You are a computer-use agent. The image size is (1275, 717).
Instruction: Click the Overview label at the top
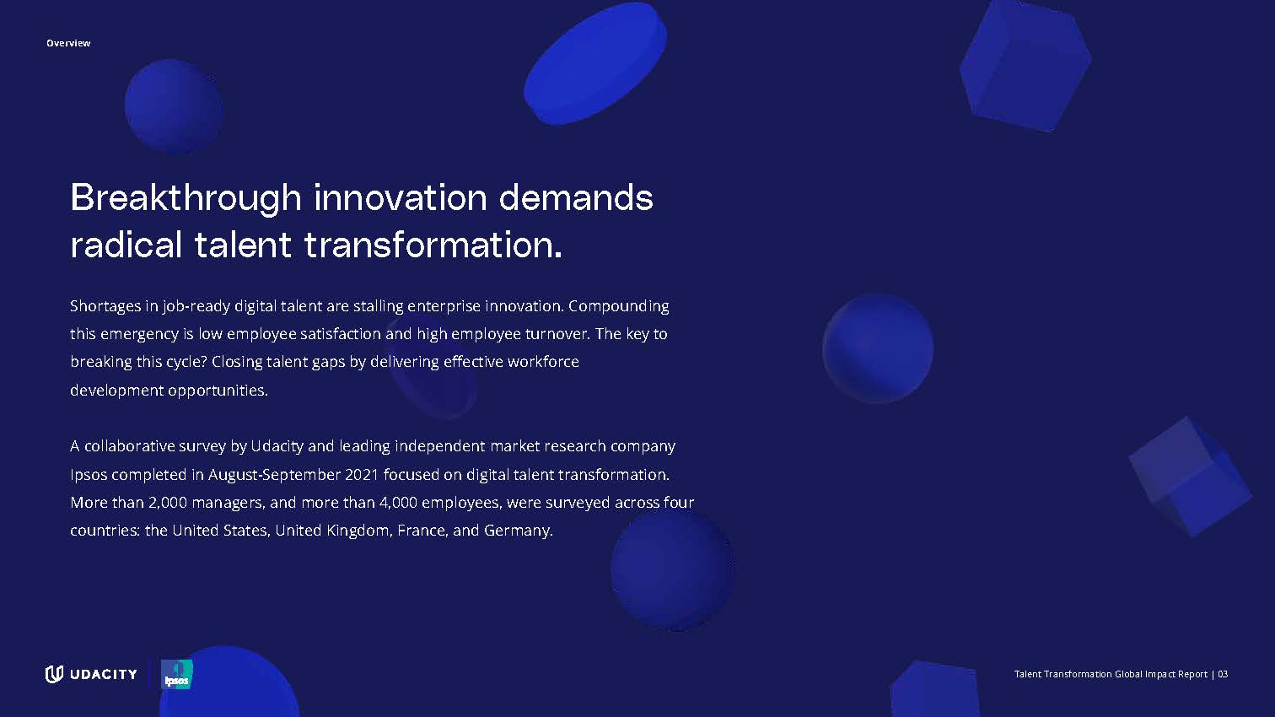[68, 43]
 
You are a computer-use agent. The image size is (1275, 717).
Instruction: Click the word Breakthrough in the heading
[186, 199]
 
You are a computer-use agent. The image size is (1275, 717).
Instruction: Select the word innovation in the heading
[401, 197]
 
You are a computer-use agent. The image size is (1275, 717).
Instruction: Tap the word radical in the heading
[126, 245]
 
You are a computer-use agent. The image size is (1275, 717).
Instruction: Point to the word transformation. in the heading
[433, 245]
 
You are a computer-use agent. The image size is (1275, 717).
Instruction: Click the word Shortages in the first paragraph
[105, 306]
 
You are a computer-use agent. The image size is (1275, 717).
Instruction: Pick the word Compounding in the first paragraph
[619, 306]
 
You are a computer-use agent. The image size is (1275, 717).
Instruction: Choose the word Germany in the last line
[518, 531]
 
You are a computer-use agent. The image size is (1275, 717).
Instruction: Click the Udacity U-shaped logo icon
[54, 674]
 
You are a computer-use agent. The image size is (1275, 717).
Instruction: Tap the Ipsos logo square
[176, 674]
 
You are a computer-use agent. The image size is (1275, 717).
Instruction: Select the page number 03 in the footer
[1223, 674]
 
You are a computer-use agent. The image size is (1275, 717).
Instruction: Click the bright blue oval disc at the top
[594, 64]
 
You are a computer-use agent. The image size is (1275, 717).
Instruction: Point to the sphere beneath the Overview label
[174, 106]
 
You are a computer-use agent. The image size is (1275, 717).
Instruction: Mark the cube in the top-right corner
[1025, 66]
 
